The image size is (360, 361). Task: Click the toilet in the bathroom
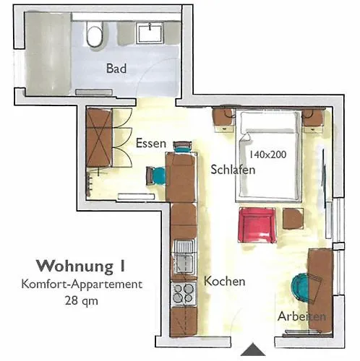[94, 33]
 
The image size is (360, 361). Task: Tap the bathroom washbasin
[153, 32]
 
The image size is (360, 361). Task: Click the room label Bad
[116, 69]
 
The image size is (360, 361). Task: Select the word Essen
[151, 143]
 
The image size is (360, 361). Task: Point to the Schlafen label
[230, 170]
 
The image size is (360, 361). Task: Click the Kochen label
[224, 281]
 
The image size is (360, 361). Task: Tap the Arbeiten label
[301, 316]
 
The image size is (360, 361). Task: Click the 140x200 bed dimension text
[267, 154]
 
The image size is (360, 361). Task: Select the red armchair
[257, 224]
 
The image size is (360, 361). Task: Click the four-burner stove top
[183, 292]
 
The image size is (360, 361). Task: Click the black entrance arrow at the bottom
[253, 350]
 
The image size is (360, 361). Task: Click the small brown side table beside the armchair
[293, 217]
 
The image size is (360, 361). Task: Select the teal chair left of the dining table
[157, 175]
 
